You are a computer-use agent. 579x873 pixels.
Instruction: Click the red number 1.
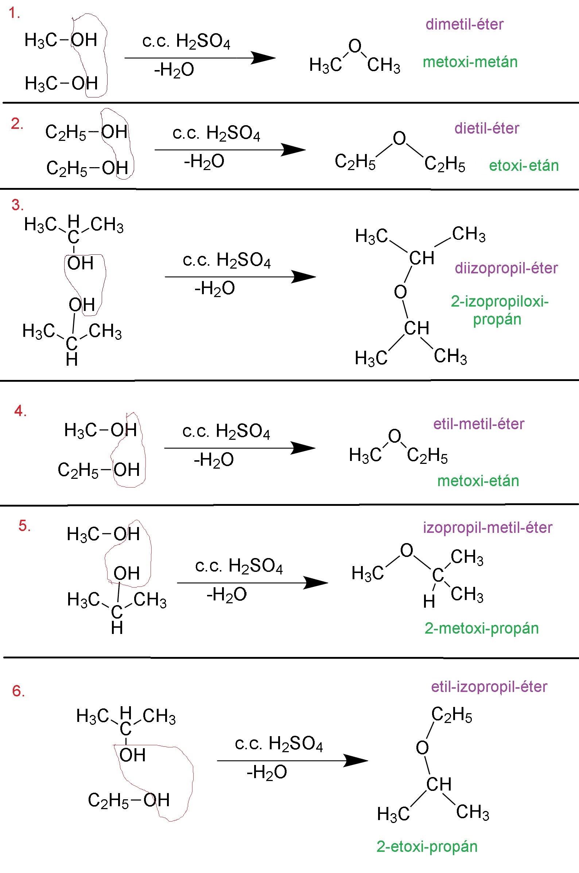(13, 13)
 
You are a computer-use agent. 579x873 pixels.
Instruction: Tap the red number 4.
(20, 411)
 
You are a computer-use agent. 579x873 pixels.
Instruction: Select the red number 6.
(19, 691)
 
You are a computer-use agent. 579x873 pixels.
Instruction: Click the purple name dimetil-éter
(464, 24)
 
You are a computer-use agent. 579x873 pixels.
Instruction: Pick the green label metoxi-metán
(470, 62)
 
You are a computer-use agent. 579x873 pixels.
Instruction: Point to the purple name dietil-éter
(487, 128)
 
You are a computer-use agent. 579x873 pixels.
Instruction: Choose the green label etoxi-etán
(524, 165)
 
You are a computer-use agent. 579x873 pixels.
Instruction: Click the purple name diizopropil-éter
(506, 268)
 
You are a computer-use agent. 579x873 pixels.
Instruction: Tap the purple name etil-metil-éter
(479, 424)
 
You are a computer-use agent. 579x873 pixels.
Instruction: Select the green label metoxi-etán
(478, 481)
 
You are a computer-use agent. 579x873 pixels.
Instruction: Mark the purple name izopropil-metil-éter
(488, 527)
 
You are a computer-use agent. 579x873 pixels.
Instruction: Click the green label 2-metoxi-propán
(482, 628)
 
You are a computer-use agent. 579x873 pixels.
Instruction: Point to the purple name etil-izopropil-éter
(489, 687)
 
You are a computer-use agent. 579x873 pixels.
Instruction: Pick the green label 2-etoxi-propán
(427, 846)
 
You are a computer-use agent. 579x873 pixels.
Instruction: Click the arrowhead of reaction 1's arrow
(263, 58)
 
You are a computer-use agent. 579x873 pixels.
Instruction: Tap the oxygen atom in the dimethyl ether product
(355, 46)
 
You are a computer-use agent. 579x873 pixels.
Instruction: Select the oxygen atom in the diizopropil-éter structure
(400, 292)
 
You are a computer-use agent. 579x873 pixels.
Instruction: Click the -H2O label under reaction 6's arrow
(267, 772)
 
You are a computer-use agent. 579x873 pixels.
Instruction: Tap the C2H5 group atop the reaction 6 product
(452, 715)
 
